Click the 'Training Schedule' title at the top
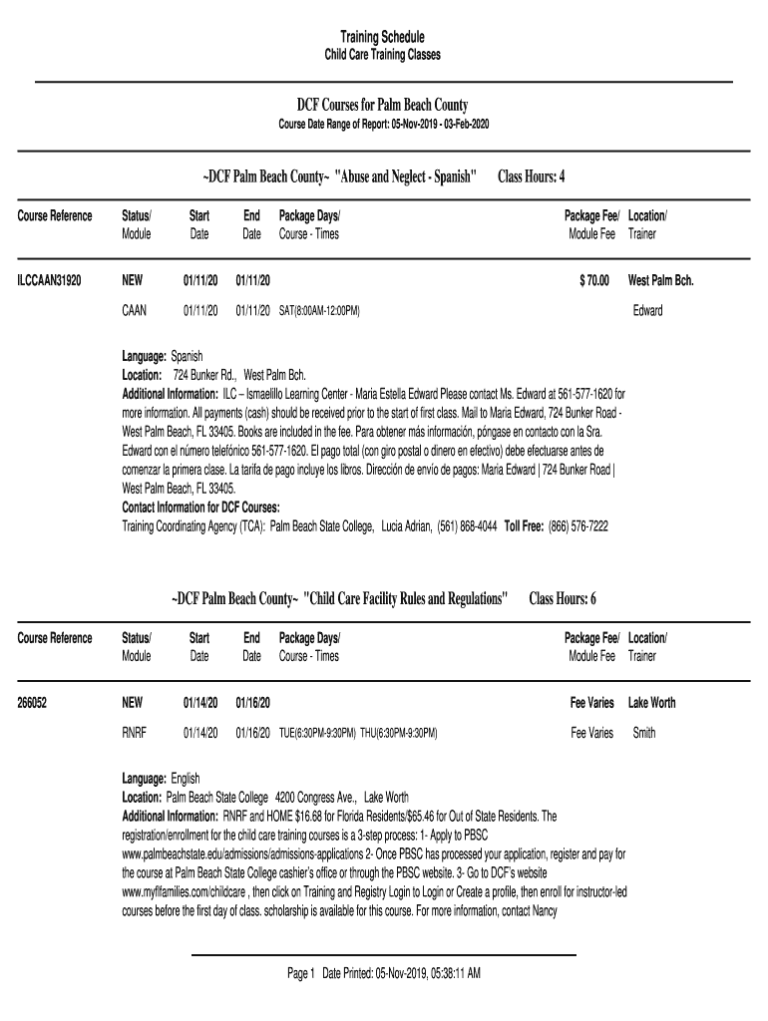click(383, 37)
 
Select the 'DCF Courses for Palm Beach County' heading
click(383, 105)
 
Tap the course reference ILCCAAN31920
click(49, 281)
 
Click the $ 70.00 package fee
click(593, 281)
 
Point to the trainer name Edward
click(647, 311)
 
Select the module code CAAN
click(134, 311)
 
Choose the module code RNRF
click(134, 733)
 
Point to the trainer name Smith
click(644, 733)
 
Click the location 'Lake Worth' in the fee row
click(651, 703)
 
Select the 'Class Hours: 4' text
click(532, 176)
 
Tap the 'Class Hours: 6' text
click(563, 598)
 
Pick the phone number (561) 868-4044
click(467, 525)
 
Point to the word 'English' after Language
click(186, 778)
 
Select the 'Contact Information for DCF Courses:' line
click(200, 507)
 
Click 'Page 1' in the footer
click(300, 973)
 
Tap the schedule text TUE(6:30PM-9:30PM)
click(317, 733)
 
